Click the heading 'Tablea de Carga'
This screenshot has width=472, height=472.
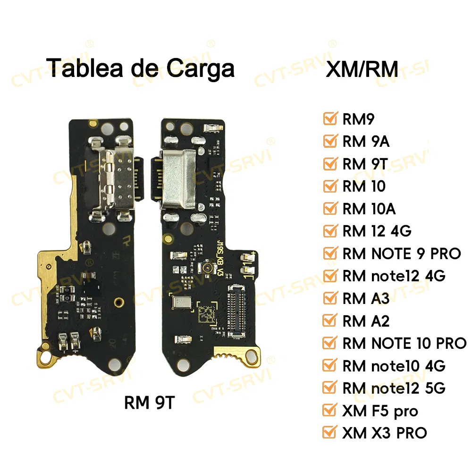point(141,67)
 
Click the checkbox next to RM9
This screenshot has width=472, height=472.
point(330,119)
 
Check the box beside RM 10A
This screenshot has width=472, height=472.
point(330,208)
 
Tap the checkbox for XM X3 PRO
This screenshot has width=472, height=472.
point(330,432)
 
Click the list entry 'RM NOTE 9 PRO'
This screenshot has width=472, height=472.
point(401,253)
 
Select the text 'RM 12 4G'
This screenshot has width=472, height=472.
point(377,231)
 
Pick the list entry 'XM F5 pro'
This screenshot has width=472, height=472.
point(380,411)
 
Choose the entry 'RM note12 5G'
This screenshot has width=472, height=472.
point(394,388)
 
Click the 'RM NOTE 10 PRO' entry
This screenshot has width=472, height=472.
point(404,343)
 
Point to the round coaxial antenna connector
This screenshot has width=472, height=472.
point(206,268)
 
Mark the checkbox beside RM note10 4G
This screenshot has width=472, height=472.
point(330,365)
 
